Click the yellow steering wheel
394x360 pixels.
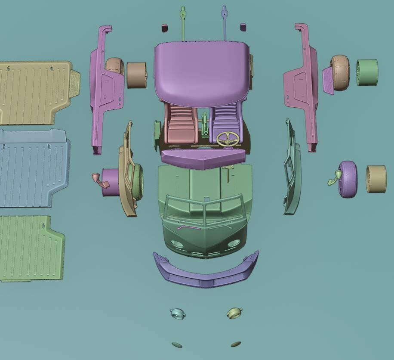point(228,139)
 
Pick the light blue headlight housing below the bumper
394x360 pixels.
point(178,313)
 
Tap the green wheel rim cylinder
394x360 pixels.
point(367,72)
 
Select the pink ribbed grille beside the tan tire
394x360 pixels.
point(328,81)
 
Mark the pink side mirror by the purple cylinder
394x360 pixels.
point(98,178)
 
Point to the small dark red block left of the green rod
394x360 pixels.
point(164,28)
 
